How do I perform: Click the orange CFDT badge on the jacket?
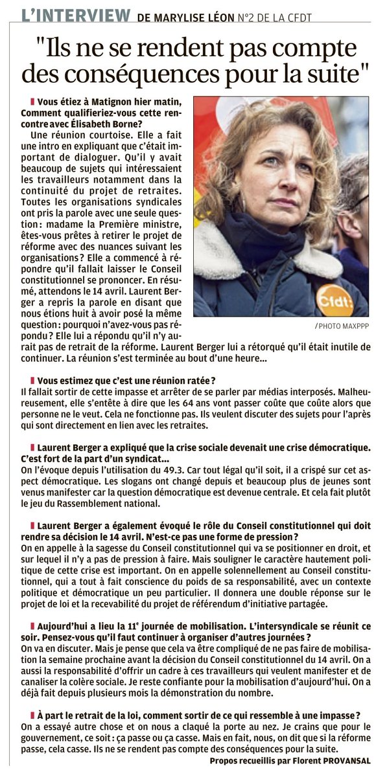pos(334,298)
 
